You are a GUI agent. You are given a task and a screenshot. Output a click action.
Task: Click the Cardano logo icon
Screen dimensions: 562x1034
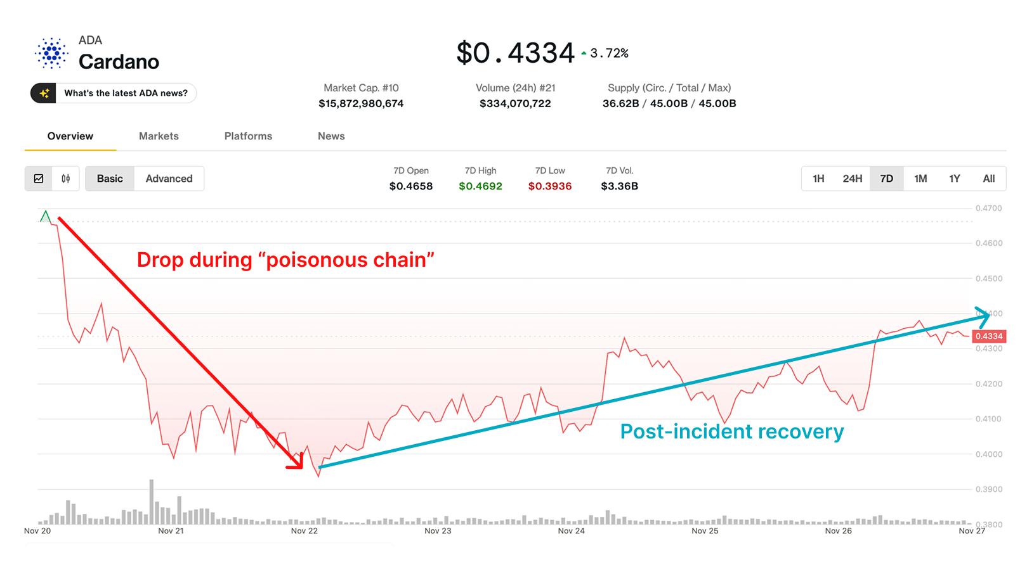coord(51,53)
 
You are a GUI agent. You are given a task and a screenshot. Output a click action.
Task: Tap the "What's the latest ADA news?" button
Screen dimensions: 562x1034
coord(114,93)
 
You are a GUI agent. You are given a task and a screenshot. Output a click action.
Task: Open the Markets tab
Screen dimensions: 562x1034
coord(159,136)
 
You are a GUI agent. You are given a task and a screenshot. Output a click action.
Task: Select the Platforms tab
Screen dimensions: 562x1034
coord(248,136)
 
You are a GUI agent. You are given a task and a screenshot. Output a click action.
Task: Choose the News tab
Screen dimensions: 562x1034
coord(331,136)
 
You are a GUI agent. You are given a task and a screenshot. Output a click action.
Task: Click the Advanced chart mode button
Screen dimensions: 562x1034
coord(169,179)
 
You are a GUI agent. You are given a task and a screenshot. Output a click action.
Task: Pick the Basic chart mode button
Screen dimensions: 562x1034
coord(110,179)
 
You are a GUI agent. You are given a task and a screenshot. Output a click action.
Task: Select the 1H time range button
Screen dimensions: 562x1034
coord(818,179)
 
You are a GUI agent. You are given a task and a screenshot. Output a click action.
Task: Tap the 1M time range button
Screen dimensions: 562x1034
coord(920,179)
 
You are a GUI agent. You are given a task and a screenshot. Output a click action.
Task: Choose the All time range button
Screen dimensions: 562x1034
coord(988,179)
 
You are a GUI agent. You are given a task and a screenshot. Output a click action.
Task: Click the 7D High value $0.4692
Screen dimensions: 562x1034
coord(480,186)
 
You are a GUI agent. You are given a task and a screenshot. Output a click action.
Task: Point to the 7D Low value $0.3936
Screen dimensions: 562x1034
coord(550,186)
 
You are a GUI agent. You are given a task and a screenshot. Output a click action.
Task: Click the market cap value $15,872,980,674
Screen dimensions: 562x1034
coord(361,103)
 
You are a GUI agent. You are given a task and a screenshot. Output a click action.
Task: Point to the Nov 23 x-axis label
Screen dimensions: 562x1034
coord(438,531)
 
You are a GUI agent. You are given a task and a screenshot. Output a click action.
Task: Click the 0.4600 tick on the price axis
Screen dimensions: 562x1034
coord(989,243)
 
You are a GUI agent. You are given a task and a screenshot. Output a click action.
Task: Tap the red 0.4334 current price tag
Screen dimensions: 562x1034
coord(989,336)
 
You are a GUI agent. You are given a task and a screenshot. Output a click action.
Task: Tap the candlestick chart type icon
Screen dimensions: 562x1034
coord(66,179)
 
